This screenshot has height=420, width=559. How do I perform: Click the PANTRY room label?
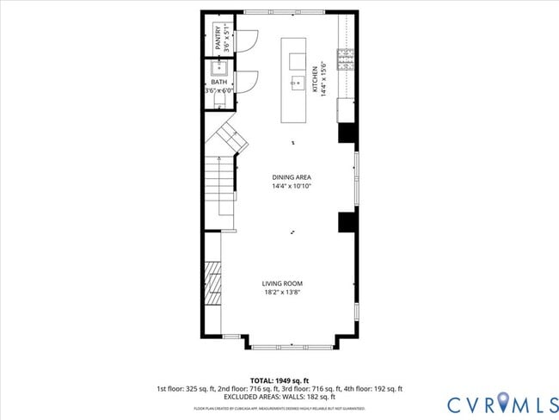217,40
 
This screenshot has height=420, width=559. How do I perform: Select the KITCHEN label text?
316,77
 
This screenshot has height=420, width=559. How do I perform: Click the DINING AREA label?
291,177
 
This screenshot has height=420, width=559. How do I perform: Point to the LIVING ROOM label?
282,283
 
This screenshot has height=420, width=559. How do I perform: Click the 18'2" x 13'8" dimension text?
282,292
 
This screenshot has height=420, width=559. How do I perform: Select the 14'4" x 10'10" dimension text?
291,186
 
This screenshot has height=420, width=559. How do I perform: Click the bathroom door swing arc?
247,82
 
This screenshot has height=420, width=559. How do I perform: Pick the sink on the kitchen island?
297,83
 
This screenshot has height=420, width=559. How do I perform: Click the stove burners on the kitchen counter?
346,59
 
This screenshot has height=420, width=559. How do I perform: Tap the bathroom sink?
219,70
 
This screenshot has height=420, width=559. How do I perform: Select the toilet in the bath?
218,100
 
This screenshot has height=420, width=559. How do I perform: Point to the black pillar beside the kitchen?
347,133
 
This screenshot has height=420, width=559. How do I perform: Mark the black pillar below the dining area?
347,221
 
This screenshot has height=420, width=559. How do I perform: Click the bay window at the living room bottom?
292,346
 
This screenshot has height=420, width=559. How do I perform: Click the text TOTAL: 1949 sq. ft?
279,380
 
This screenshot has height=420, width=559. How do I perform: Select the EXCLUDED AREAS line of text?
279,397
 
